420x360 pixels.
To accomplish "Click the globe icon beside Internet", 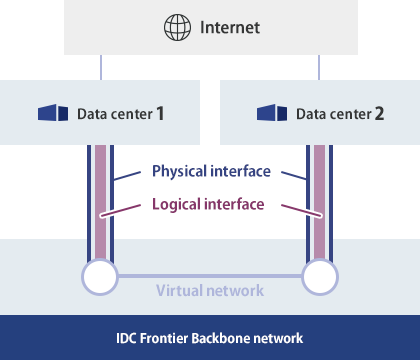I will [x=176, y=27].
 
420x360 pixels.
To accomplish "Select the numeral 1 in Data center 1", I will [x=159, y=113].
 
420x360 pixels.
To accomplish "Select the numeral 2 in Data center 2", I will [x=379, y=113].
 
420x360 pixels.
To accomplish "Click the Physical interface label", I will [x=211, y=171].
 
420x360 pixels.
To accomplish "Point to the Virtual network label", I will [x=210, y=291].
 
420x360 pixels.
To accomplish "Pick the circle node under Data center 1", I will [x=100, y=276].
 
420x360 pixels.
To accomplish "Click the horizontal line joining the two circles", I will [x=210, y=276].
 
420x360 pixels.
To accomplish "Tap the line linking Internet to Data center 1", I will [x=100, y=67].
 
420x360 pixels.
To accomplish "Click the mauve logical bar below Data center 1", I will [x=100, y=200].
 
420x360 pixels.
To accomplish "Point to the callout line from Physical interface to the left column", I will [x=128, y=176].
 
